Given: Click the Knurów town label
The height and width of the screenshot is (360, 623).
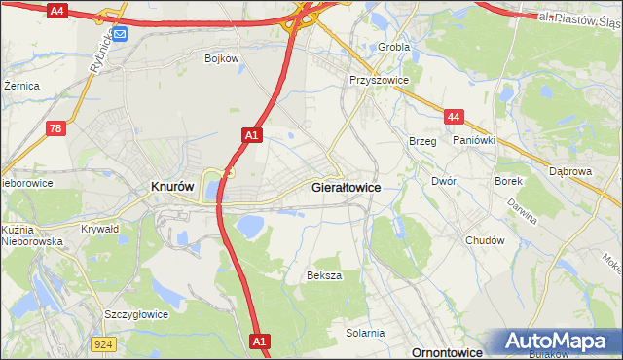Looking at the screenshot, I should pyautogui.click(x=172, y=186).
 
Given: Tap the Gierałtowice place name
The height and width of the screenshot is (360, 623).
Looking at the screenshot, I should pyautogui.click(x=345, y=186).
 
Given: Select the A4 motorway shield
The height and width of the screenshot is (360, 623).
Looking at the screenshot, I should pyautogui.click(x=56, y=10).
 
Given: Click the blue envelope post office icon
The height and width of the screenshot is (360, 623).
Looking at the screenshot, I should pyautogui.click(x=120, y=34).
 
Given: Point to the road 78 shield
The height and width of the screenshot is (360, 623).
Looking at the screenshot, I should pyautogui.click(x=57, y=127).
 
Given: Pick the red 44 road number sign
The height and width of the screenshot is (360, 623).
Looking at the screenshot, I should pyautogui.click(x=453, y=116).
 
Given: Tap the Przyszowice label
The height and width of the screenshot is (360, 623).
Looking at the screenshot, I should pyautogui.click(x=379, y=81).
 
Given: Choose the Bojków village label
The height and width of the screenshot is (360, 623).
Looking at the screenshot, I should pyautogui.click(x=221, y=58).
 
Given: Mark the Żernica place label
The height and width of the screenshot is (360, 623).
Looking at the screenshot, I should pyautogui.click(x=21, y=86).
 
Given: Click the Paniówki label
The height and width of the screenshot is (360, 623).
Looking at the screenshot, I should pyautogui.click(x=474, y=140).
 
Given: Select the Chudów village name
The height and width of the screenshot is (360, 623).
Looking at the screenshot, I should pyautogui.click(x=485, y=240).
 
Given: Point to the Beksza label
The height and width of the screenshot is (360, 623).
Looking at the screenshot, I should pyautogui.click(x=324, y=275).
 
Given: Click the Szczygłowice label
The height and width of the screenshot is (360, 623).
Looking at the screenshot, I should pyautogui.click(x=136, y=314).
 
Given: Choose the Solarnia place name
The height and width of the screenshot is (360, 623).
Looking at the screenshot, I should pyautogui.click(x=365, y=333).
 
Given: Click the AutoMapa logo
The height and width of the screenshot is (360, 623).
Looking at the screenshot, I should pyautogui.click(x=560, y=342).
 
